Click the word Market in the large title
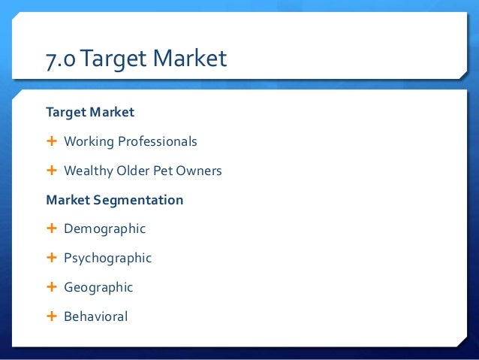188,58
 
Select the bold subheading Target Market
90,112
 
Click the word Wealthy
88,171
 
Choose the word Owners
199,171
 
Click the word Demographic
104,228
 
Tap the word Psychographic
107,258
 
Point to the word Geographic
98,287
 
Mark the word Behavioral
95,316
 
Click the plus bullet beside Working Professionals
52,141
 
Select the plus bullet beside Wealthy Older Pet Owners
52,171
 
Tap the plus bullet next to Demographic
52,228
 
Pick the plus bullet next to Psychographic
52,258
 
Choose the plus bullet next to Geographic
52,287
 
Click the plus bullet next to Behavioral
52,316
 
